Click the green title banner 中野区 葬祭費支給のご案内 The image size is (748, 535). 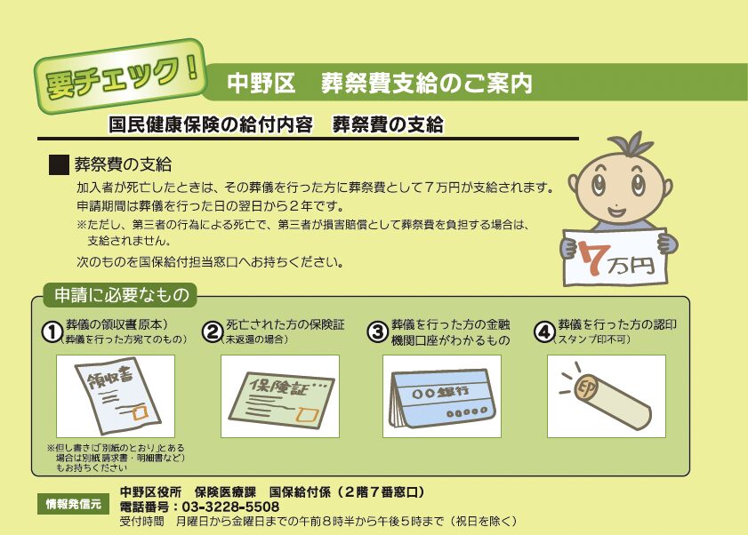tap(471, 83)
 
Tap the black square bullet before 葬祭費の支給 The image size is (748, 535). tap(59, 164)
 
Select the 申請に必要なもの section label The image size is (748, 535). tap(121, 295)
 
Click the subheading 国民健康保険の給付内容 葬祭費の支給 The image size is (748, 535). tap(275, 125)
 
